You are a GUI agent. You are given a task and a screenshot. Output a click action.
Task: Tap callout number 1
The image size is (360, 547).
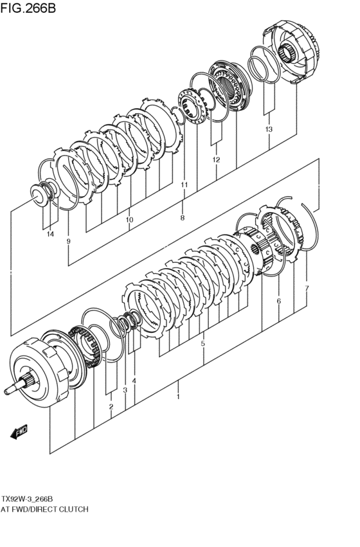coord(178,397)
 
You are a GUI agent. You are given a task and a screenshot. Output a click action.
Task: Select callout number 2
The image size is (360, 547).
coord(111,406)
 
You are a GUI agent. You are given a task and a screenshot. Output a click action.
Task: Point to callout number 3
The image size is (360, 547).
coord(125,390)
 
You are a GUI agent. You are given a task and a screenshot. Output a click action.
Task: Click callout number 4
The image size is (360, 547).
coord(134,381)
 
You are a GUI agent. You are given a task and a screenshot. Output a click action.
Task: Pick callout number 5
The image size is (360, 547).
coord(203,344)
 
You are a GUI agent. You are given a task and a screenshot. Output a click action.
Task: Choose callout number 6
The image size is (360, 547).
coord(278,301)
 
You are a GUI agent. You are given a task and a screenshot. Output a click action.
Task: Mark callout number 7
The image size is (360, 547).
coord(307,288)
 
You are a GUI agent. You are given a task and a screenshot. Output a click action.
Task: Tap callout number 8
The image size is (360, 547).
coord(183,218)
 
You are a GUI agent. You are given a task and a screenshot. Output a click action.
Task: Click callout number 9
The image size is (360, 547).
coord(68,241)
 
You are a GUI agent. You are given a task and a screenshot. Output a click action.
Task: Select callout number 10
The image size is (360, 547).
coord(129,220)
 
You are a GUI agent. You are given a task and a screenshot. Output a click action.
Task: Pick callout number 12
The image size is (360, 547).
coord(216,159)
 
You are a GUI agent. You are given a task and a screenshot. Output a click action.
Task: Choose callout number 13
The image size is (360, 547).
coord(269,129)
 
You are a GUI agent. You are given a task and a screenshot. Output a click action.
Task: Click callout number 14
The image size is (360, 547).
coord(50,234)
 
